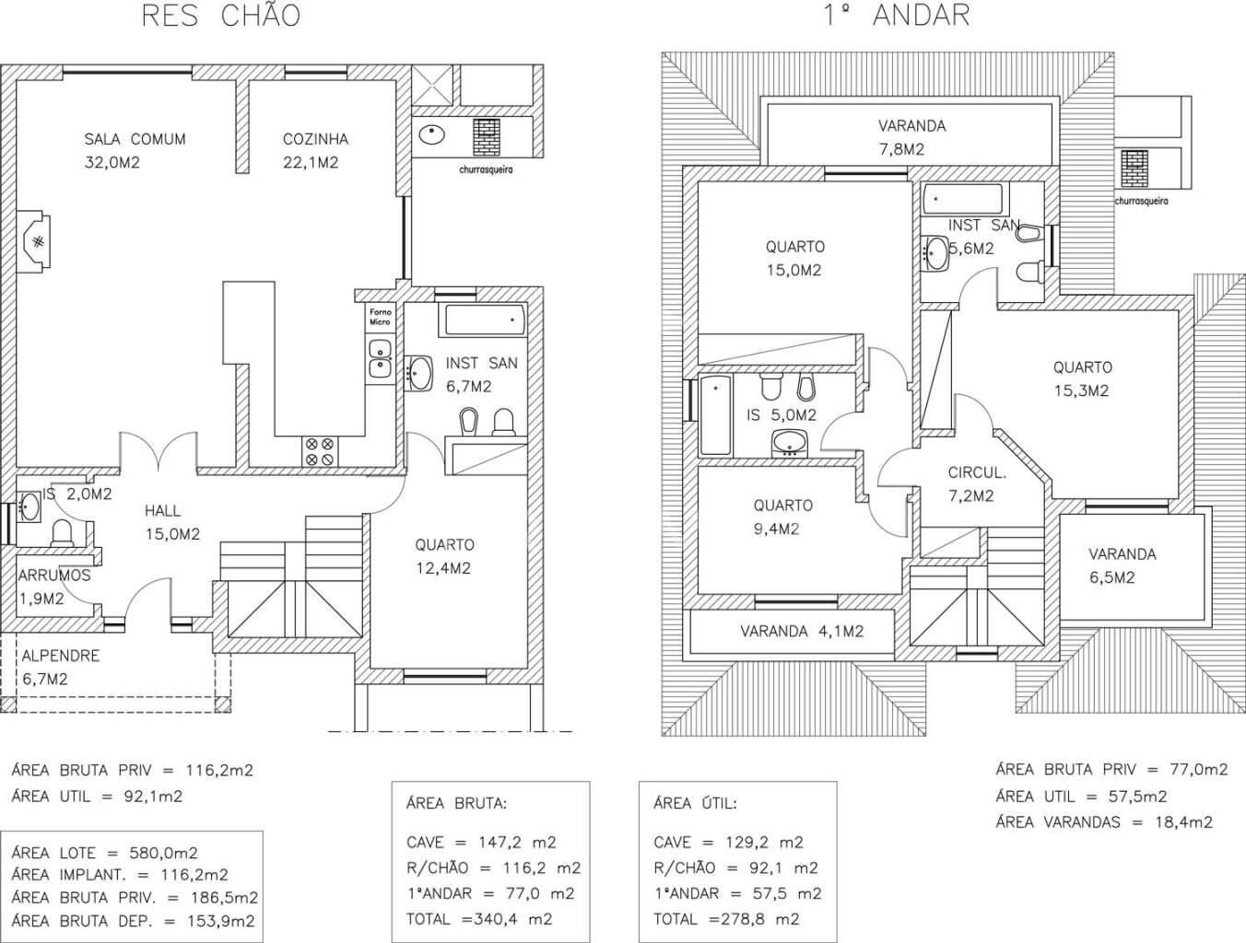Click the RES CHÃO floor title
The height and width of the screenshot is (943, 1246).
click(221, 16)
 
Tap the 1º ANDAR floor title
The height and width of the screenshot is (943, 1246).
click(897, 16)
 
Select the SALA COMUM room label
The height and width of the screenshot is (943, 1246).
click(135, 139)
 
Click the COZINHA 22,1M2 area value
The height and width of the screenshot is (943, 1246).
click(311, 163)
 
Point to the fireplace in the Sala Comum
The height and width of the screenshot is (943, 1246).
click(33, 241)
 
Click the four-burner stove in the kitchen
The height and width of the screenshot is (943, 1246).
click(319, 452)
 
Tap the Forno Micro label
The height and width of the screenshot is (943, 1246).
click(380, 317)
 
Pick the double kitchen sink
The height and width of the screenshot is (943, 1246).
click(380, 359)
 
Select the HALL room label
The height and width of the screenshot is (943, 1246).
click(162, 511)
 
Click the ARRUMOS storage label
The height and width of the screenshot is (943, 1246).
click(54, 576)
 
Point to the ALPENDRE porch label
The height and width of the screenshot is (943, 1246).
click(61, 656)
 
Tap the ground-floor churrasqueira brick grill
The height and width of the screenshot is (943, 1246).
click(487, 136)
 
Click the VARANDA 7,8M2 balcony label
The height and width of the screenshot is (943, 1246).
click(912, 138)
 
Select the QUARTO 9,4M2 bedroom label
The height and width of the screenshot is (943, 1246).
click(783, 518)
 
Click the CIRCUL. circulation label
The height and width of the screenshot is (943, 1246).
click(977, 473)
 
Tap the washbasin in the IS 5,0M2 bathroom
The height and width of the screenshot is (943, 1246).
click(789, 442)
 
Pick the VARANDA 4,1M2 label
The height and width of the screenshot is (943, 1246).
click(802, 631)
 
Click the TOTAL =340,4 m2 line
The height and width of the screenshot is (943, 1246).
click(479, 919)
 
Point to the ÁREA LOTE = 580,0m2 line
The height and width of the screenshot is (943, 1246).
click(104, 853)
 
